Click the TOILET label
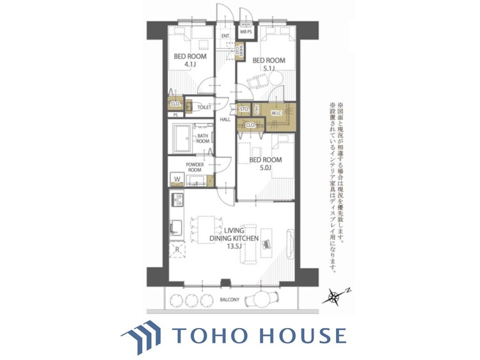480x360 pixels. (204, 107)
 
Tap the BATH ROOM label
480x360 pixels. (203, 138)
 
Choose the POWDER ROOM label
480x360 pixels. (195, 168)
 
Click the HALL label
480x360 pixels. (225, 120)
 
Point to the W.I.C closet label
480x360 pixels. (276, 113)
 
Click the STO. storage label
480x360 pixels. (244, 110)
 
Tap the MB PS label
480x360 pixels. (246, 31)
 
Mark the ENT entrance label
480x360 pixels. (225, 36)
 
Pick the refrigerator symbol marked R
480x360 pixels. (177, 246)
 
